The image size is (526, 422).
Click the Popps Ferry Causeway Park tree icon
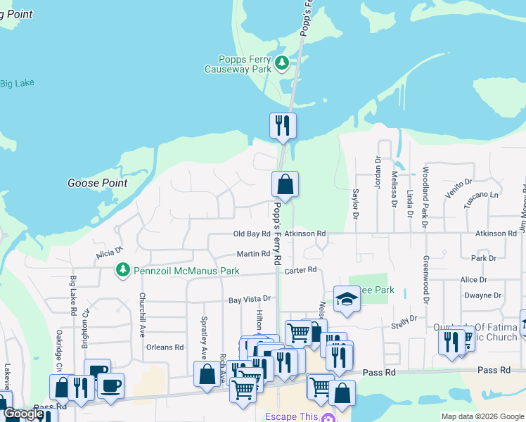pyautogui.click(x=282, y=64)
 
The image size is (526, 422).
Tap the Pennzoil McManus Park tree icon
pyautogui.click(x=123, y=271)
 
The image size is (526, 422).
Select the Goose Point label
pyautogui.click(x=98, y=183)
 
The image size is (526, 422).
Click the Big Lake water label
pyautogui.click(x=17, y=84)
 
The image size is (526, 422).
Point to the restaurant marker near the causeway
pyautogui.click(x=283, y=126)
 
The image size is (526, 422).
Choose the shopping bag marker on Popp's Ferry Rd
pyautogui.click(x=285, y=185)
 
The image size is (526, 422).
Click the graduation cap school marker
pyautogui.click(x=347, y=299)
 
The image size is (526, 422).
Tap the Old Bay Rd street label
pyautogui.click(x=252, y=234)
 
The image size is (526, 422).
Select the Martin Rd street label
pyautogui.click(x=253, y=254)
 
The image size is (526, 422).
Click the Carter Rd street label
pyautogui.click(x=301, y=269)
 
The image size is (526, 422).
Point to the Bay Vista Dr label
pyautogui.click(x=250, y=300)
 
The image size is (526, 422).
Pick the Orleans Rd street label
pyautogui.click(x=165, y=347)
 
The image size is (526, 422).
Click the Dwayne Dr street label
pyautogui.click(x=482, y=296)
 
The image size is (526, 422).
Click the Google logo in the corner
pyautogui.click(x=23, y=414)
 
